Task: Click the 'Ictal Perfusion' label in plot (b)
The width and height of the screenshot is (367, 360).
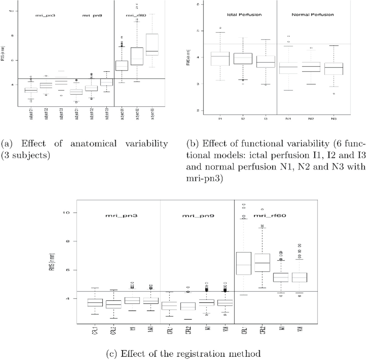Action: pyautogui.click(x=244, y=15)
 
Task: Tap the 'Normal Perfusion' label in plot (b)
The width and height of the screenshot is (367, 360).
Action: pyautogui.click(x=313, y=15)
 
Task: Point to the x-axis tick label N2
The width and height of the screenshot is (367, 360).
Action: pyautogui.click(x=311, y=118)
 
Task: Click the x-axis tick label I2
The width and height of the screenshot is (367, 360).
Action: pyautogui.click(x=243, y=118)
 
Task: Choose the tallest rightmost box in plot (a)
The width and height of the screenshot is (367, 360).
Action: pyautogui.click(x=152, y=44)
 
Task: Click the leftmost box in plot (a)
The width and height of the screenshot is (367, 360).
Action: pyautogui.click(x=31, y=90)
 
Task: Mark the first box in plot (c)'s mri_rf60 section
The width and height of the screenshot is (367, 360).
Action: pyautogui.click(x=244, y=263)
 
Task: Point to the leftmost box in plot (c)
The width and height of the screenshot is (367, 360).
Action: pyautogui.click(x=95, y=302)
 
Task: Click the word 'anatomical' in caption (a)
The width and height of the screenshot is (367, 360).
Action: pyautogui.click(x=93, y=143)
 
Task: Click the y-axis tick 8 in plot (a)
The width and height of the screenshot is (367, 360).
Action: pyautogui.click(x=12, y=36)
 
